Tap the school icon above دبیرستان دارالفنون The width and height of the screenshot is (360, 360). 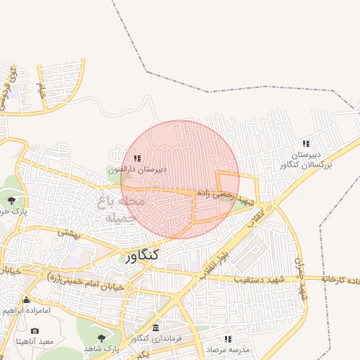(137, 158)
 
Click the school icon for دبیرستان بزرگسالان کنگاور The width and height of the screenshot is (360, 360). (305, 143)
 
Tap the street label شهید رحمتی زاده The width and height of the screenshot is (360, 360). (224, 198)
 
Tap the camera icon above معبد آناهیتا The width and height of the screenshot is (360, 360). (34, 330)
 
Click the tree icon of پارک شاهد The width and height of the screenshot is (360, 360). (103, 338)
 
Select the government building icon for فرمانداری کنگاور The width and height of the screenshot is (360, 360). (155, 328)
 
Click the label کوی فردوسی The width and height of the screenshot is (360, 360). (8, 89)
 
